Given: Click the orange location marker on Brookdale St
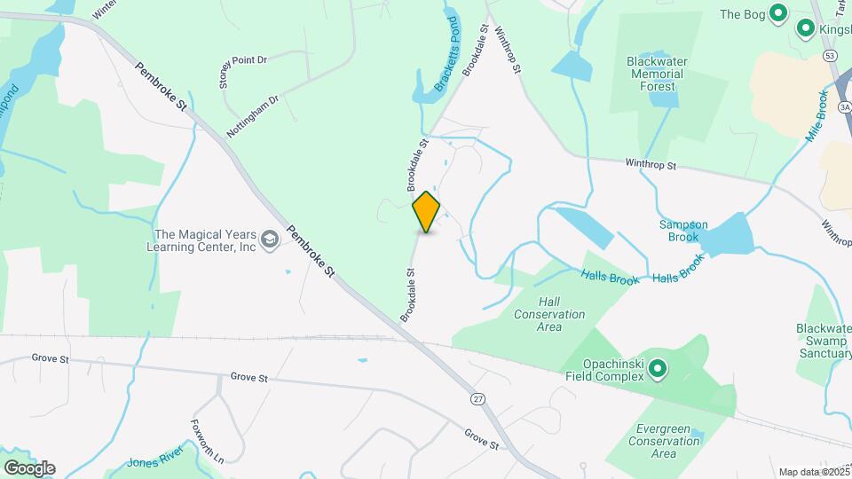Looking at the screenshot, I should coord(427,211).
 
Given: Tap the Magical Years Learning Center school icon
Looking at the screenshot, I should coord(270,239).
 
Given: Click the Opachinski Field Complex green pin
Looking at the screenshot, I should coord(658,368).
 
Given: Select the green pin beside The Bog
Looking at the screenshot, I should coord(778,13).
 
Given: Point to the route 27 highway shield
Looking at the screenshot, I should coord(478,400).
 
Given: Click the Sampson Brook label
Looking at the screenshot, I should coord(683,231).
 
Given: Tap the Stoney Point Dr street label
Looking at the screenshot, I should coord(242,70).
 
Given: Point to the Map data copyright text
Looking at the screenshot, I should coord(814,472).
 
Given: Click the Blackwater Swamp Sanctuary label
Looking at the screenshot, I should coord(824,341).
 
